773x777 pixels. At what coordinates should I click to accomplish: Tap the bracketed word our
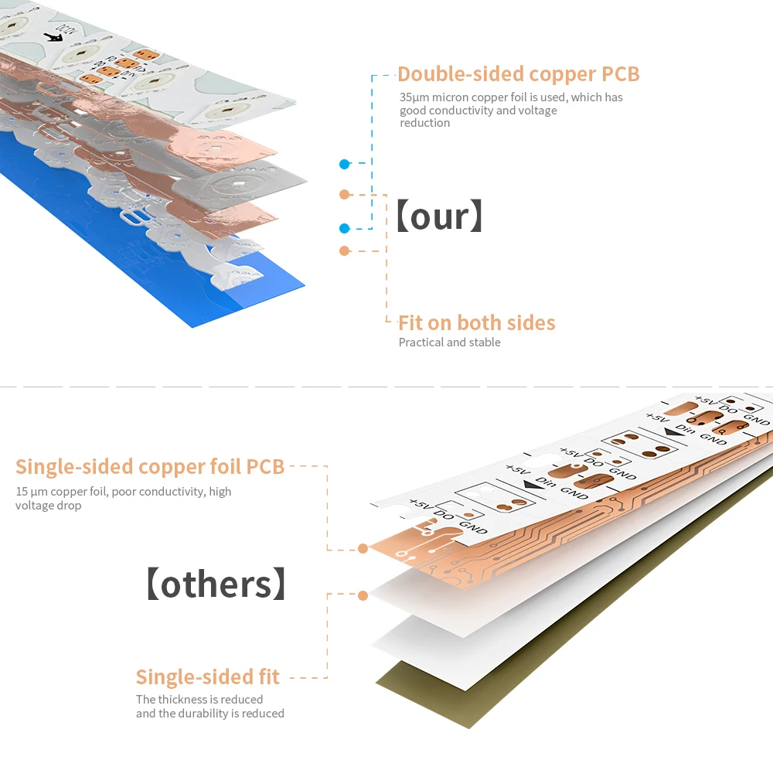tap(438, 216)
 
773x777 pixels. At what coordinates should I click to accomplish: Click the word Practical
tap(422, 342)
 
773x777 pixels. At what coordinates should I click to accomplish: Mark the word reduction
tap(424, 123)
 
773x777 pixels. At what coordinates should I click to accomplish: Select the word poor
tap(125, 492)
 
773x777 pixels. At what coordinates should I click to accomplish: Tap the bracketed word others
tap(216, 584)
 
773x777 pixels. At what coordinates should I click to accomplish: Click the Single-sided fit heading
tap(207, 677)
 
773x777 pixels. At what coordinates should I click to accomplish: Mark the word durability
tap(203, 714)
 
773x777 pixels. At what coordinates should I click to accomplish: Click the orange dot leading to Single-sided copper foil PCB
tap(363, 549)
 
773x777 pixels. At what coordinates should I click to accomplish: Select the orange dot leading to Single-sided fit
tap(363, 595)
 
